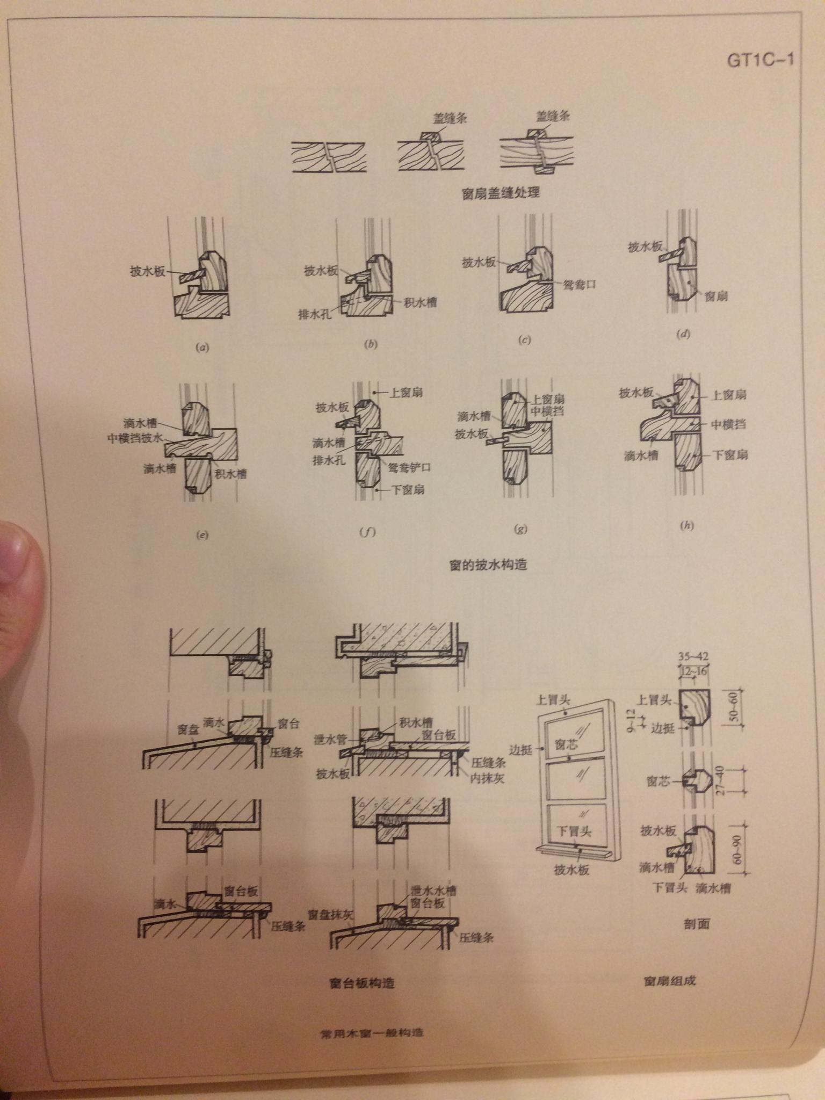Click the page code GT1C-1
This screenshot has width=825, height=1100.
click(760, 61)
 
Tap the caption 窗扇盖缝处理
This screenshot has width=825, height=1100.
click(501, 192)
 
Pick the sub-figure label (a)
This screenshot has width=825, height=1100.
click(202, 348)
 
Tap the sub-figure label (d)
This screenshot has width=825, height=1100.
click(683, 334)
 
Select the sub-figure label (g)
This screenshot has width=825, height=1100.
click(520, 529)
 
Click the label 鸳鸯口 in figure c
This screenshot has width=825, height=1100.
click(580, 284)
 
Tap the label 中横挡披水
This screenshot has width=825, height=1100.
click(135, 439)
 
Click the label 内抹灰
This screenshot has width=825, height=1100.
click(487, 778)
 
